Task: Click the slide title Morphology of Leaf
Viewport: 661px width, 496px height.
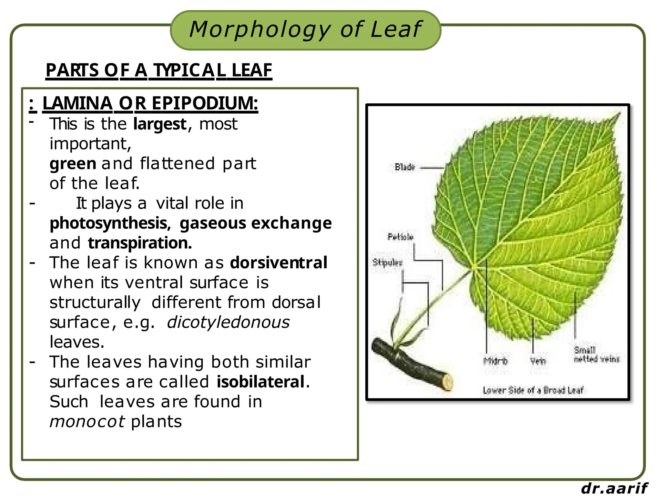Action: [x=305, y=30]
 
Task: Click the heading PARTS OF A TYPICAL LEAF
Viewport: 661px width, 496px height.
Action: [x=159, y=70]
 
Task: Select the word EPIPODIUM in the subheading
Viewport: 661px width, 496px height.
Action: [x=205, y=103]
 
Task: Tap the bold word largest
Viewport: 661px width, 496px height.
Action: [x=160, y=124]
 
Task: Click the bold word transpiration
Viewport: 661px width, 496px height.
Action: [x=140, y=243]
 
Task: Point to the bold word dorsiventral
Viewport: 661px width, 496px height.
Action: [x=279, y=263]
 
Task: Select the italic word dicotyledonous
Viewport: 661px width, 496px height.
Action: [x=228, y=322]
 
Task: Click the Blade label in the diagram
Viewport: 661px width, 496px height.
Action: [x=404, y=167]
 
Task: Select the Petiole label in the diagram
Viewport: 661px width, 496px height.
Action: [x=400, y=237]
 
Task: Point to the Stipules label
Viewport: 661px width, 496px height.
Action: [x=387, y=263]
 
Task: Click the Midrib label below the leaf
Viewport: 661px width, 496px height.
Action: [x=495, y=361]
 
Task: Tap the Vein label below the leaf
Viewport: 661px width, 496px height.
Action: [x=538, y=361]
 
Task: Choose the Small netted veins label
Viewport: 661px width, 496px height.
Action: [x=596, y=355]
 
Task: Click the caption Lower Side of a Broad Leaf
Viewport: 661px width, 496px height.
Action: [x=533, y=390]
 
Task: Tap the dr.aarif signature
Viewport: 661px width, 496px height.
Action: [x=614, y=488]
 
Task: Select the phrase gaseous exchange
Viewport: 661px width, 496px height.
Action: [x=255, y=223]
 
